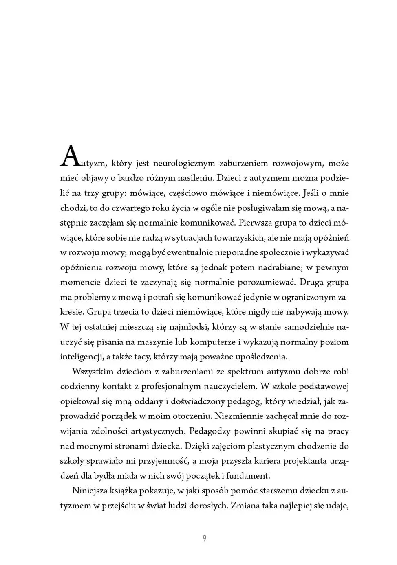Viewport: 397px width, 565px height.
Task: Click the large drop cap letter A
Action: (69, 157)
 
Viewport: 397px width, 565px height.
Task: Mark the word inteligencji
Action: (81, 357)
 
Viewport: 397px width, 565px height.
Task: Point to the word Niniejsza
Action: (90, 491)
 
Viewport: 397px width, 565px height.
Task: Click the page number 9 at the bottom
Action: (204, 539)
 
